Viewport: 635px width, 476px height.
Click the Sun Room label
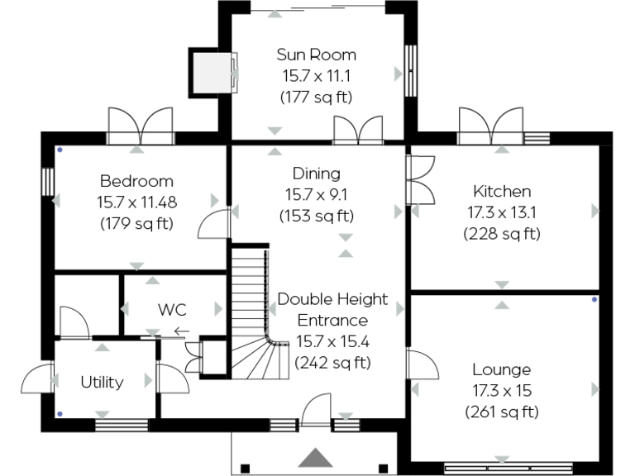(316, 55)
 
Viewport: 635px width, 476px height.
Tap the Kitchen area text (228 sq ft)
(501, 233)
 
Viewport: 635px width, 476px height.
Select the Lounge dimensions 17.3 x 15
(501, 390)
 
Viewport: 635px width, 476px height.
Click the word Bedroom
(136, 181)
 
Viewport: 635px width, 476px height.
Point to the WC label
(172, 310)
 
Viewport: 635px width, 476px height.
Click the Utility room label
(102, 382)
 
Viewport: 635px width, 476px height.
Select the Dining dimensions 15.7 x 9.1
(316, 195)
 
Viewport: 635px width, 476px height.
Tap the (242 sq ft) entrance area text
(332, 362)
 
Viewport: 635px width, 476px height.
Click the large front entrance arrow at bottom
(315, 458)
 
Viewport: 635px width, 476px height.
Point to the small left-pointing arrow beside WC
(180, 332)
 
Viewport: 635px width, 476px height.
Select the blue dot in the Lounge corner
(594, 299)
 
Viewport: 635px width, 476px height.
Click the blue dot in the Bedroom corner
(59, 150)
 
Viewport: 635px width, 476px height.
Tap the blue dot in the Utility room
(59, 412)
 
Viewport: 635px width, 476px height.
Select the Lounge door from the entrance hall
(422, 364)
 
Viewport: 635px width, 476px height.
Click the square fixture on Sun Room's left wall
(212, 73)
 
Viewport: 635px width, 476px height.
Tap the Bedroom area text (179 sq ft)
(136, 223)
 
